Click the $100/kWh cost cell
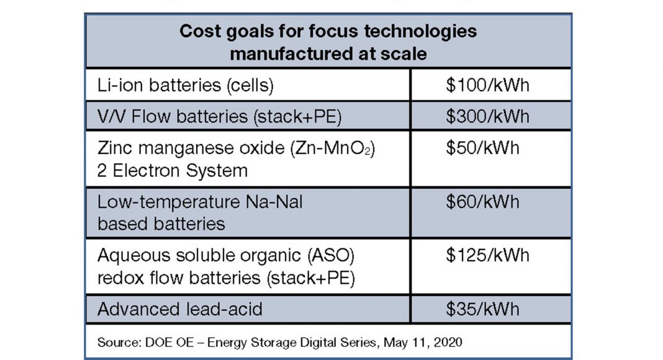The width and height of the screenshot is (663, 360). coord(487,85)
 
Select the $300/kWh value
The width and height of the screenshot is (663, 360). coord(487,116)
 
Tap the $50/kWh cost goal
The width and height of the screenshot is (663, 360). coord(482,148)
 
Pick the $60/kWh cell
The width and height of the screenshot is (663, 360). coord(482,202)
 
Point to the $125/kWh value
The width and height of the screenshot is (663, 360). coord(487,255)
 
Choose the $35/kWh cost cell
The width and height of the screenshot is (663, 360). coord(482,309)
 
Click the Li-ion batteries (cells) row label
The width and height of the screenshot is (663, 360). coord(185,85)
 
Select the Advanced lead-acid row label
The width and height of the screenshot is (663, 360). coord(179,309)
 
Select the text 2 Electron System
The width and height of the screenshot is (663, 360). coord(173,170)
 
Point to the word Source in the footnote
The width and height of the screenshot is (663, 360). coord(114,342)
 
